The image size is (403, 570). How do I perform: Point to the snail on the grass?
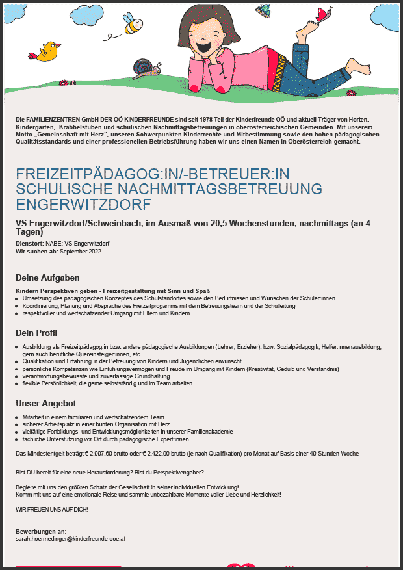(x=144, y=66)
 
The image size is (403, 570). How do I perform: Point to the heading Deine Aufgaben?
(x=47, y=278)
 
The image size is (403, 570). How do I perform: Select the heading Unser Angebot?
(x=46, y=403)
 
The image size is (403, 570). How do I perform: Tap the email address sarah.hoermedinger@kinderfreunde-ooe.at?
(x=71, y=539)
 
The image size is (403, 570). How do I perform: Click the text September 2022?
(x=81, y=251)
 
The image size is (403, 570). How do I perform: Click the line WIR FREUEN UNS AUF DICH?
(x=51, y=509)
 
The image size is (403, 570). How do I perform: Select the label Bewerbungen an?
(x=41, y=532)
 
